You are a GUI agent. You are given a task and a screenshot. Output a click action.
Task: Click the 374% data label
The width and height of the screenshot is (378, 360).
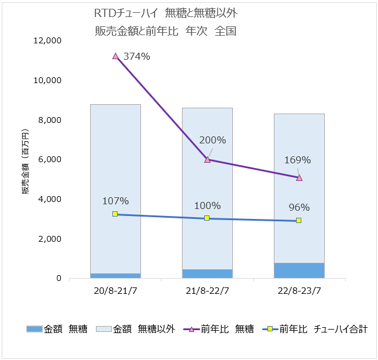[137, 57]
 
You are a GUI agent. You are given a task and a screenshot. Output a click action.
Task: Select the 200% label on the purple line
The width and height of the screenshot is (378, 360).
[212, 140]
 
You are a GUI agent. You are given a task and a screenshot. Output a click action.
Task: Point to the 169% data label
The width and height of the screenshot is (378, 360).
[297, 160]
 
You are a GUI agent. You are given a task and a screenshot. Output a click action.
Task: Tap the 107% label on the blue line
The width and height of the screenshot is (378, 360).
[115, 200]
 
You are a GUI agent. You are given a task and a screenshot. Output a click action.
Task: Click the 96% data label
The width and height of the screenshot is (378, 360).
[299, 207]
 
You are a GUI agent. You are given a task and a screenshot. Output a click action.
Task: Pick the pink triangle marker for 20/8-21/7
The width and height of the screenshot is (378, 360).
[115, 56]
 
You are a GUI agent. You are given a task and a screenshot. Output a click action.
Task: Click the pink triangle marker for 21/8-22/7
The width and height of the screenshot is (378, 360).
[207, 159]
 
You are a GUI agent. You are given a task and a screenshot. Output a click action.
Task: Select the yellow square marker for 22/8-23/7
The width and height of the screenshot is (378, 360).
[298, 221]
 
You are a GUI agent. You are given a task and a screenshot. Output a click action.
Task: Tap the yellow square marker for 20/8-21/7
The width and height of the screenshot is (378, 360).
[115, 214]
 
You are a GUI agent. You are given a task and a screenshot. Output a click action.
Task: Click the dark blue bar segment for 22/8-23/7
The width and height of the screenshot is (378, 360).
[299, 270]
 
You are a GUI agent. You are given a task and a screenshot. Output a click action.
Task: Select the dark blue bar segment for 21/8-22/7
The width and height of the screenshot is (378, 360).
[207, 273]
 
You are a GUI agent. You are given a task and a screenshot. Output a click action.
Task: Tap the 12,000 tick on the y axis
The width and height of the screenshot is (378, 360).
[47, 40]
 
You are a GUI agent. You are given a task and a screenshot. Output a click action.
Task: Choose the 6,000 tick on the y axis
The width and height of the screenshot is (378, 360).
[50, 159]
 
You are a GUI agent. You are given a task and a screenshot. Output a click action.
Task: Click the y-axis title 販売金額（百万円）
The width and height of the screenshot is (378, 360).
[26, 159]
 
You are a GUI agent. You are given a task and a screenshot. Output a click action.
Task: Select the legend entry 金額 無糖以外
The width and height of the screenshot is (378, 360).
[138, 330]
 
